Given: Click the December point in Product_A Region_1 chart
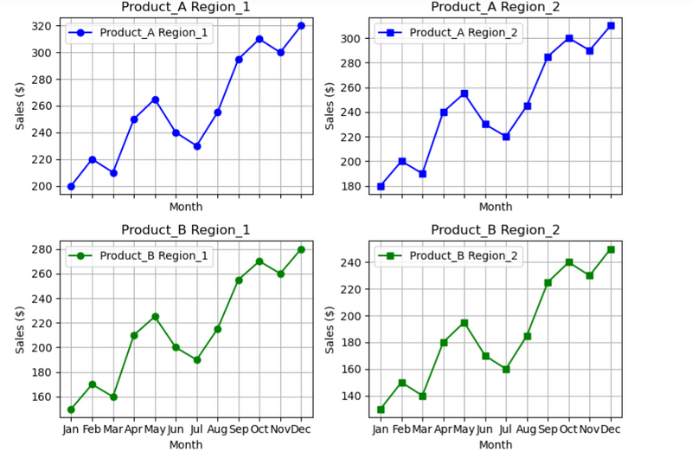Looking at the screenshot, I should click(301, 26).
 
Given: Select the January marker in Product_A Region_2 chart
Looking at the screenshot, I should click(381, 186).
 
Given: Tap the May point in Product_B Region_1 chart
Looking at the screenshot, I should click(155, 317).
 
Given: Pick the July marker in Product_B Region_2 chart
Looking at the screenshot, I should click(506, 369).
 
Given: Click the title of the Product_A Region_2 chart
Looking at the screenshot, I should click(495, 7).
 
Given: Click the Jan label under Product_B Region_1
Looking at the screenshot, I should click(71, 429).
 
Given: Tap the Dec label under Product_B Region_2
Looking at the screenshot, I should click(611, 429).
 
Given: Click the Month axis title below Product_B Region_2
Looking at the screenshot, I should click(495, 445).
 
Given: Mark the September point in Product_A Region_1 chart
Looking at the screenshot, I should click(239, 59).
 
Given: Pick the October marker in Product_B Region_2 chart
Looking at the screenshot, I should click(569, 262).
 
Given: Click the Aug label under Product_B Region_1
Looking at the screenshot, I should click(217, 429).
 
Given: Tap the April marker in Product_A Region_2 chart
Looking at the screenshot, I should click(444, 112).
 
